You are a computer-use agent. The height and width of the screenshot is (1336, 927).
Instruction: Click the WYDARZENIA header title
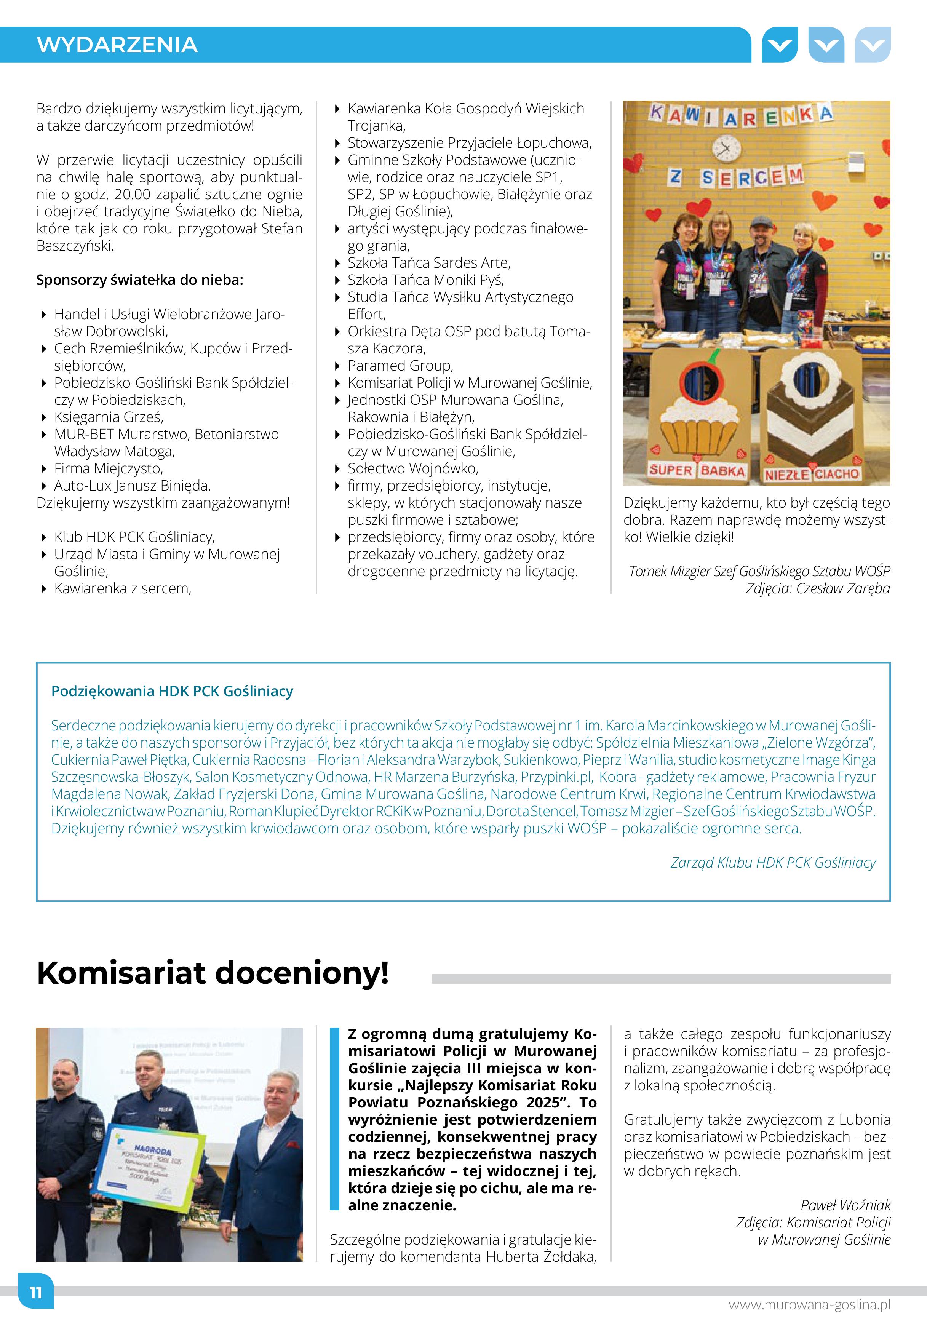pyautogui.click(x=117, y=45)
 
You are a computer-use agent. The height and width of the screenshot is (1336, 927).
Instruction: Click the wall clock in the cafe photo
pyautogui.click(x=727, y=148)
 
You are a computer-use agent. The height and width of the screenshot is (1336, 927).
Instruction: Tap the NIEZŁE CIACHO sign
pyautogui.click(x=812, y=474)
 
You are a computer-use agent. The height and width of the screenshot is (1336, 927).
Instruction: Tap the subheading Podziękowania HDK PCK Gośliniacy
pyautogui.click(x=172, y=691)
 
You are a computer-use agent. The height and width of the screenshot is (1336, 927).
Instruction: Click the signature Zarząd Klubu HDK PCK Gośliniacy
pyautogui.click(x=772, y=863)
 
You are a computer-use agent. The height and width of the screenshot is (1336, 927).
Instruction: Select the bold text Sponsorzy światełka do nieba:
pyautogui.click(x=139, y=280)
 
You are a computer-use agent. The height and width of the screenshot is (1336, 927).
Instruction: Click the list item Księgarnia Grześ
pyautogui.click(x=109, y=417)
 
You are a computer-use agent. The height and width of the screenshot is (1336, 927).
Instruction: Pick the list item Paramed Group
pyautogui.click(x=400, y=366)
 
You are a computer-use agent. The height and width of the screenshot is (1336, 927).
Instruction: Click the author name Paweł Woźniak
pyautogui.click(x=845, y=1205)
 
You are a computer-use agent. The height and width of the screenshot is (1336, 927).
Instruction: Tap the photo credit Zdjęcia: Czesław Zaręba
pyautogui.click(x=817, y=588)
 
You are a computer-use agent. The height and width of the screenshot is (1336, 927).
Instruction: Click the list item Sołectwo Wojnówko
pyautogui.click(x=413, y=469)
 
